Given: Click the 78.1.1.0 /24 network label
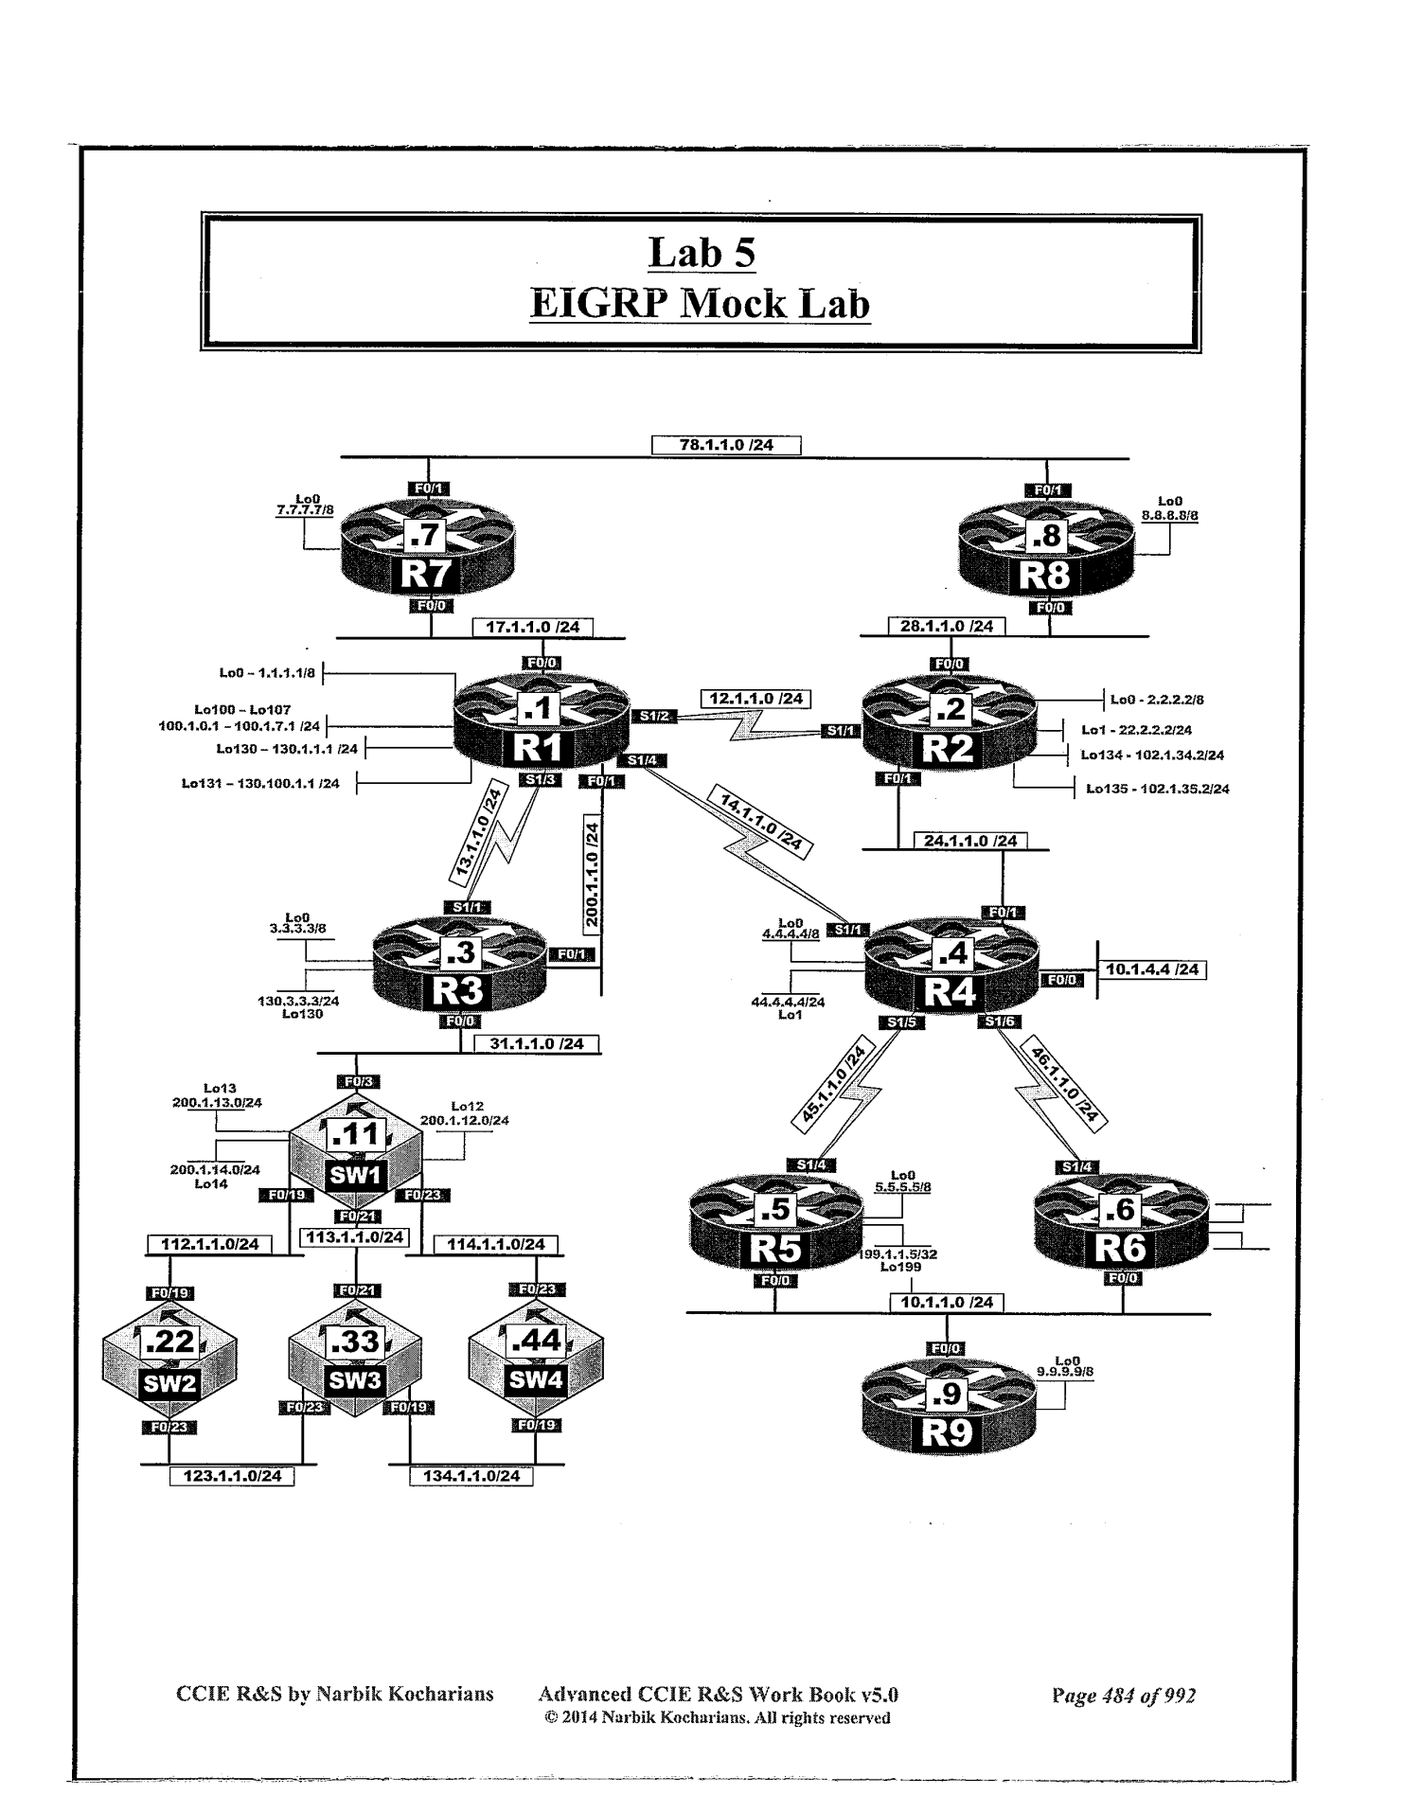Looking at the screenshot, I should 726,445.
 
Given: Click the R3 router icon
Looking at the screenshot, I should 459,971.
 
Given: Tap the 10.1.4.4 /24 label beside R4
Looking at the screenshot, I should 1151,969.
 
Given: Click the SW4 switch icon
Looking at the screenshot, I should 536,1360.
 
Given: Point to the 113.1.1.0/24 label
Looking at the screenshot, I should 354,1237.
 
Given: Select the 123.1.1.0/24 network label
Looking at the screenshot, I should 232,1476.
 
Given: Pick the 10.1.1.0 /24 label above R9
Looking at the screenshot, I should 947,1303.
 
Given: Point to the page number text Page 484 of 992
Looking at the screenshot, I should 1124,1696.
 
